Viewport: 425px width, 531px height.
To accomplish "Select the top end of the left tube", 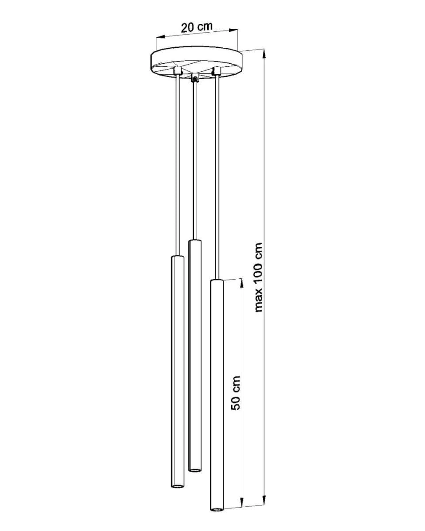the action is pos(178,257).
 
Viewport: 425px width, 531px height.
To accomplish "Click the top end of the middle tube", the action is pos(195,241).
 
